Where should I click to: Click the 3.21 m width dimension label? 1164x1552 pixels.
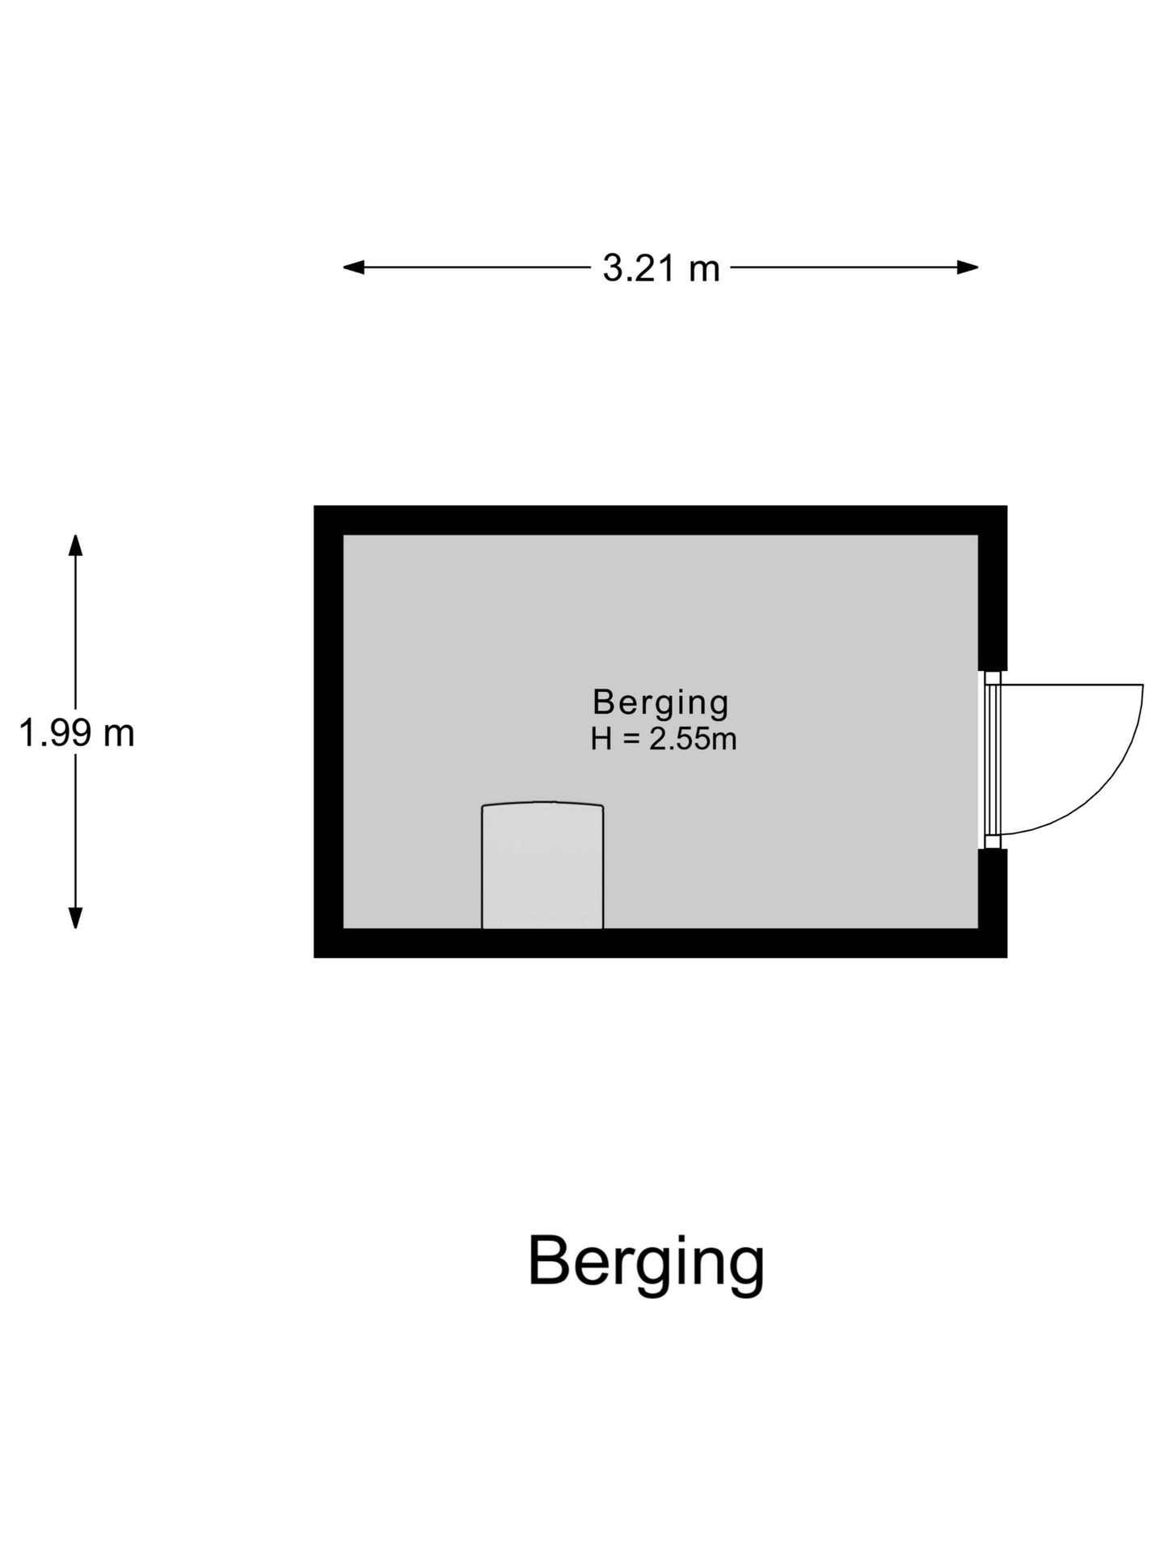pyautogui.click(x=660, y=268)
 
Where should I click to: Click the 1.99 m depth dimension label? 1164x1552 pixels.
pyautogui.click(x=76, y=734)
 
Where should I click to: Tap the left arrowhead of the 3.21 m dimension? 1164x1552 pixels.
pyautogui.click(x=353, y=267)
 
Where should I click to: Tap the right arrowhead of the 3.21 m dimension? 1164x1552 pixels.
pyautogui.click(x=968, y=267)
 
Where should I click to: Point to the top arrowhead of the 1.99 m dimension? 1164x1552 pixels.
pyautogui.click(x=75, y=545)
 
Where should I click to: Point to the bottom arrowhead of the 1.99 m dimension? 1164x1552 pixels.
pyautogui.click(x=75, y=918)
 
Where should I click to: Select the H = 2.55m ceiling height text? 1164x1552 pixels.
pyautogui.click(x=663, y=740)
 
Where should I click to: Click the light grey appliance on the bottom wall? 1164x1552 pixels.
pyautogui.click(x=542, y=866)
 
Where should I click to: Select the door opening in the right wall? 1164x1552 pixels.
pyautogui.click(x=993, y=760)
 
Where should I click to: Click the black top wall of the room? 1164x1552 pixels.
pyautogui.click(x=660, y=520)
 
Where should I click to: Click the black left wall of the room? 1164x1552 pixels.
pyautogui.click(x=328, y=732)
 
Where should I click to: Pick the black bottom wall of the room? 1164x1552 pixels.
pyautogui.click(x=660, y=943)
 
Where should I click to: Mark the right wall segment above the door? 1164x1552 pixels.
pyautogui.click(x=993, y=588)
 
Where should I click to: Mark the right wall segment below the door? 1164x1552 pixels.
pyautogui.click(x=993, y=904)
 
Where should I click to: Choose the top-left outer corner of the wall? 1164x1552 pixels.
pyautogui.click(x=314, y=505)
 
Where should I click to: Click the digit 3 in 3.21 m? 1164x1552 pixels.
pyautogui.click(x=613, y=268)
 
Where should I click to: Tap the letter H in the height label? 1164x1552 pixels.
pyautogui.click(x=601, y=740)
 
